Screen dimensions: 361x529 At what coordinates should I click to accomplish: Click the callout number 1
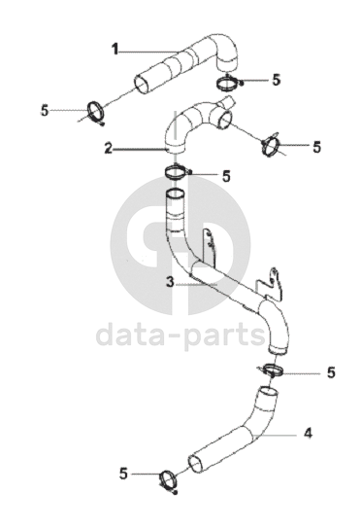[115, 50]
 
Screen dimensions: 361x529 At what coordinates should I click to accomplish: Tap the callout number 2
[108, 148]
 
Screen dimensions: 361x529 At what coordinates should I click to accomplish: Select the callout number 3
[171, 282]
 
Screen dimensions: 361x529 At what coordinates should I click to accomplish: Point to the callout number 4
[308, 433]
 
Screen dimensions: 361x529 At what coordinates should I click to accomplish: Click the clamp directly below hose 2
[176, 172]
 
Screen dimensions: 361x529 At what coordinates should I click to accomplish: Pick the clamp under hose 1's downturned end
[228, 83]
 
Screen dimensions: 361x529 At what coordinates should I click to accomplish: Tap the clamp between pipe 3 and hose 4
[271, 370]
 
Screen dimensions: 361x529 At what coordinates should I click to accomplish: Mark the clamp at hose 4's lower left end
[168, 481]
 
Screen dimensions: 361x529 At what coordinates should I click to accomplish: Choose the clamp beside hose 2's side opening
[271, 147]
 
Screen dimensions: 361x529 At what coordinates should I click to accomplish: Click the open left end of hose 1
[142, 84]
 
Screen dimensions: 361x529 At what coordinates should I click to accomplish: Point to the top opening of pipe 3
[176, 194]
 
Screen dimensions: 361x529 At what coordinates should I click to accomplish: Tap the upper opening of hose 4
[269, 392]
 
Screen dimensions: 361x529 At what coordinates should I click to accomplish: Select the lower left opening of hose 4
[196, 465]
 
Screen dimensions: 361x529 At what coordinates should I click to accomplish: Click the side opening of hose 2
[224, 121]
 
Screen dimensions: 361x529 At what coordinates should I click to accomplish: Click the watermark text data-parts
[180, 335]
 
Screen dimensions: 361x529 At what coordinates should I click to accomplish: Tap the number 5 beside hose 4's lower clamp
[123, 474]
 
